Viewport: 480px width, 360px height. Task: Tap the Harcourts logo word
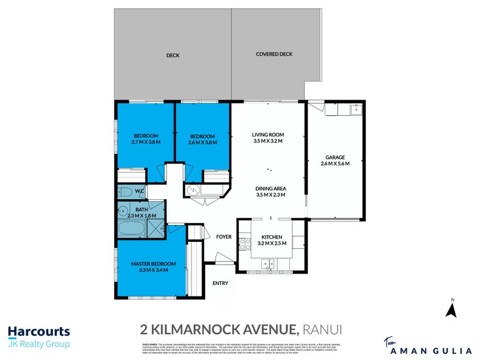[38, 331]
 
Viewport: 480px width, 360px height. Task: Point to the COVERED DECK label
[274, 54]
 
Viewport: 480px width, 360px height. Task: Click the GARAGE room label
[335, 157]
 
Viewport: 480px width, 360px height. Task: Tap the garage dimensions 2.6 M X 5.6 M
[335, 164]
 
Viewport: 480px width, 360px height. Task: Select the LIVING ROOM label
[268, 134]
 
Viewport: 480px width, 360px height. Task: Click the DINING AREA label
[270, 187]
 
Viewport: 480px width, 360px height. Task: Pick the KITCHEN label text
[272, 236]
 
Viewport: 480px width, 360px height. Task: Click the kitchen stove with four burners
[245, 244]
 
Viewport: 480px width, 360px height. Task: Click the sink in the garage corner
[355, 109]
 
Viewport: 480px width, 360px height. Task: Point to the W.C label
[139, 192]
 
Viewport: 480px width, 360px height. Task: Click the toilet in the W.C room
[125, 193]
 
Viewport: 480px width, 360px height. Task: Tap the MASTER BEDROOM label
[154, 264]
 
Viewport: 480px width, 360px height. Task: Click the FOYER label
[224, 236]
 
